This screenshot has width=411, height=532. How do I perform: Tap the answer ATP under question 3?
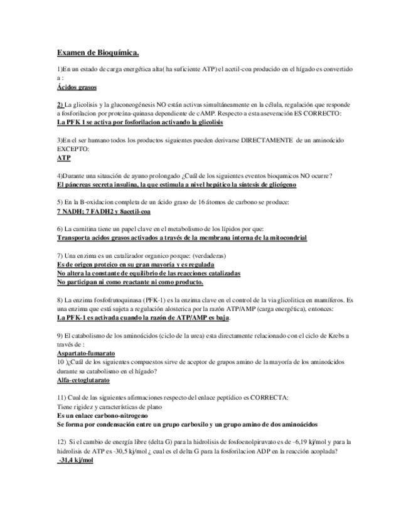click(x=63, y=158)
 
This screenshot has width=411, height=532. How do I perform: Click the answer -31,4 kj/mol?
click(x=75, y=460)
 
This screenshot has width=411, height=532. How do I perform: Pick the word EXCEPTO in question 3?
click(x=73, y=149)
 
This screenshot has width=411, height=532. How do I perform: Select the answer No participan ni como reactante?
click(x=125, y=282)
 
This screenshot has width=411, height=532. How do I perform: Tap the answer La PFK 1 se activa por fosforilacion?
click(x=139, y=123)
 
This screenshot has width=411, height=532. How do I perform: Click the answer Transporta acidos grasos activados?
click(x=182, y=238)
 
